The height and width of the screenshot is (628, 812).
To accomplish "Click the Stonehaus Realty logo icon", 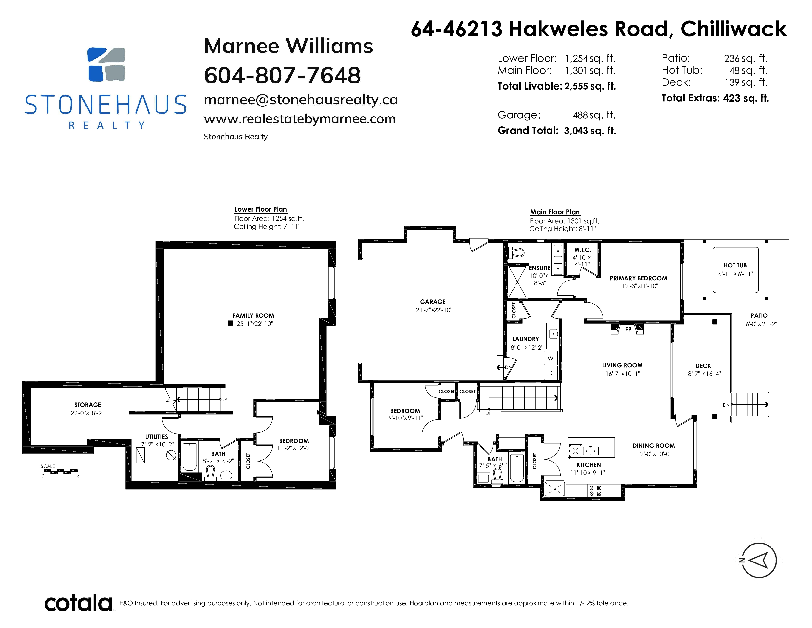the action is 106,64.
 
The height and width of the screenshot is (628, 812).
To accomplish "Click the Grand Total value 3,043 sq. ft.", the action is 590,131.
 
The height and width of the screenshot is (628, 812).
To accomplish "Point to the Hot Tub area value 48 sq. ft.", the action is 749,70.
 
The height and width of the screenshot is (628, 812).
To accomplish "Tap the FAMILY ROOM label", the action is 253,315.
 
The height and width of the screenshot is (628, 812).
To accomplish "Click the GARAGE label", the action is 433,302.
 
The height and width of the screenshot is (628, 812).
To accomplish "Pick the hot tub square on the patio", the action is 735,270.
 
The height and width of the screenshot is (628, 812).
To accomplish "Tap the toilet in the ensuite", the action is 516,252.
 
